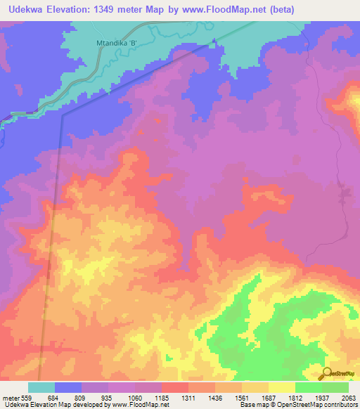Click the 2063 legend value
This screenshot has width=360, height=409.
[349, 398]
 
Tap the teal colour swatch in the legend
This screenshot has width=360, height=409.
[41, 387]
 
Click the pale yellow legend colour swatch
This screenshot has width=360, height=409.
[281, 387]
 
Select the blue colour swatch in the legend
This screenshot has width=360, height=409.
[68, 387]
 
